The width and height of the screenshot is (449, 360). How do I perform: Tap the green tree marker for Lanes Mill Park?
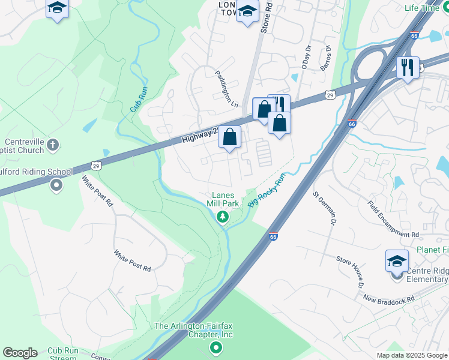(x=223, y=216)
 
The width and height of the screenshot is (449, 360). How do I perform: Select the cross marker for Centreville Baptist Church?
(x=53, y=145)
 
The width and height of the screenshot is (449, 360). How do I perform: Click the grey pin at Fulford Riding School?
(x=56, y=185)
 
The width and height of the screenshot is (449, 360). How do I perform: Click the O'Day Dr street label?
(x=307, y=58)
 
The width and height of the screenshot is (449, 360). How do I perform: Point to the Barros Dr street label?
(x=325, y=58)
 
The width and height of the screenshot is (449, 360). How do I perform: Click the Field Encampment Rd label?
(x=393, y=218)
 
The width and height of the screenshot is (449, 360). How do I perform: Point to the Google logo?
(x=20, y=353)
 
